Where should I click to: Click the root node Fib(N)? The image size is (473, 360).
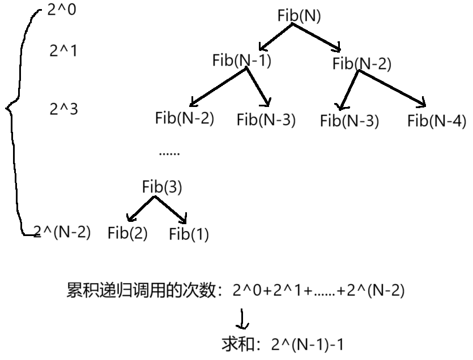299,15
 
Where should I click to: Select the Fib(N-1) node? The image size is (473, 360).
242,61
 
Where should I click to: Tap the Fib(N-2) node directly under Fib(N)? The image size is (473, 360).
362,64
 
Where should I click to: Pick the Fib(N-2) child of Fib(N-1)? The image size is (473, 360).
184,118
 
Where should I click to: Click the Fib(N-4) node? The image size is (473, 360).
436,121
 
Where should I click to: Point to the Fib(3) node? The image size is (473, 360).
162,187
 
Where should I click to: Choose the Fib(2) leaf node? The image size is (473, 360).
127,233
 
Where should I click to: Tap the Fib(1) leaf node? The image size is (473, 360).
189,234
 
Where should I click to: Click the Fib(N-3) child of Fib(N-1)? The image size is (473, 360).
266,119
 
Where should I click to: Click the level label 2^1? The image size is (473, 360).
63,51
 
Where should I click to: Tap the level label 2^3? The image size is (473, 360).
63,109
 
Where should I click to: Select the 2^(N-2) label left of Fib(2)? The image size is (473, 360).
62,232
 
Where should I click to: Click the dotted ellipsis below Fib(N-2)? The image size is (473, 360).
169,153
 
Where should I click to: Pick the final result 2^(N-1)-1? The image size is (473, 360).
308,344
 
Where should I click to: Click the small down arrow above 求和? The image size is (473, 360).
242,320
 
